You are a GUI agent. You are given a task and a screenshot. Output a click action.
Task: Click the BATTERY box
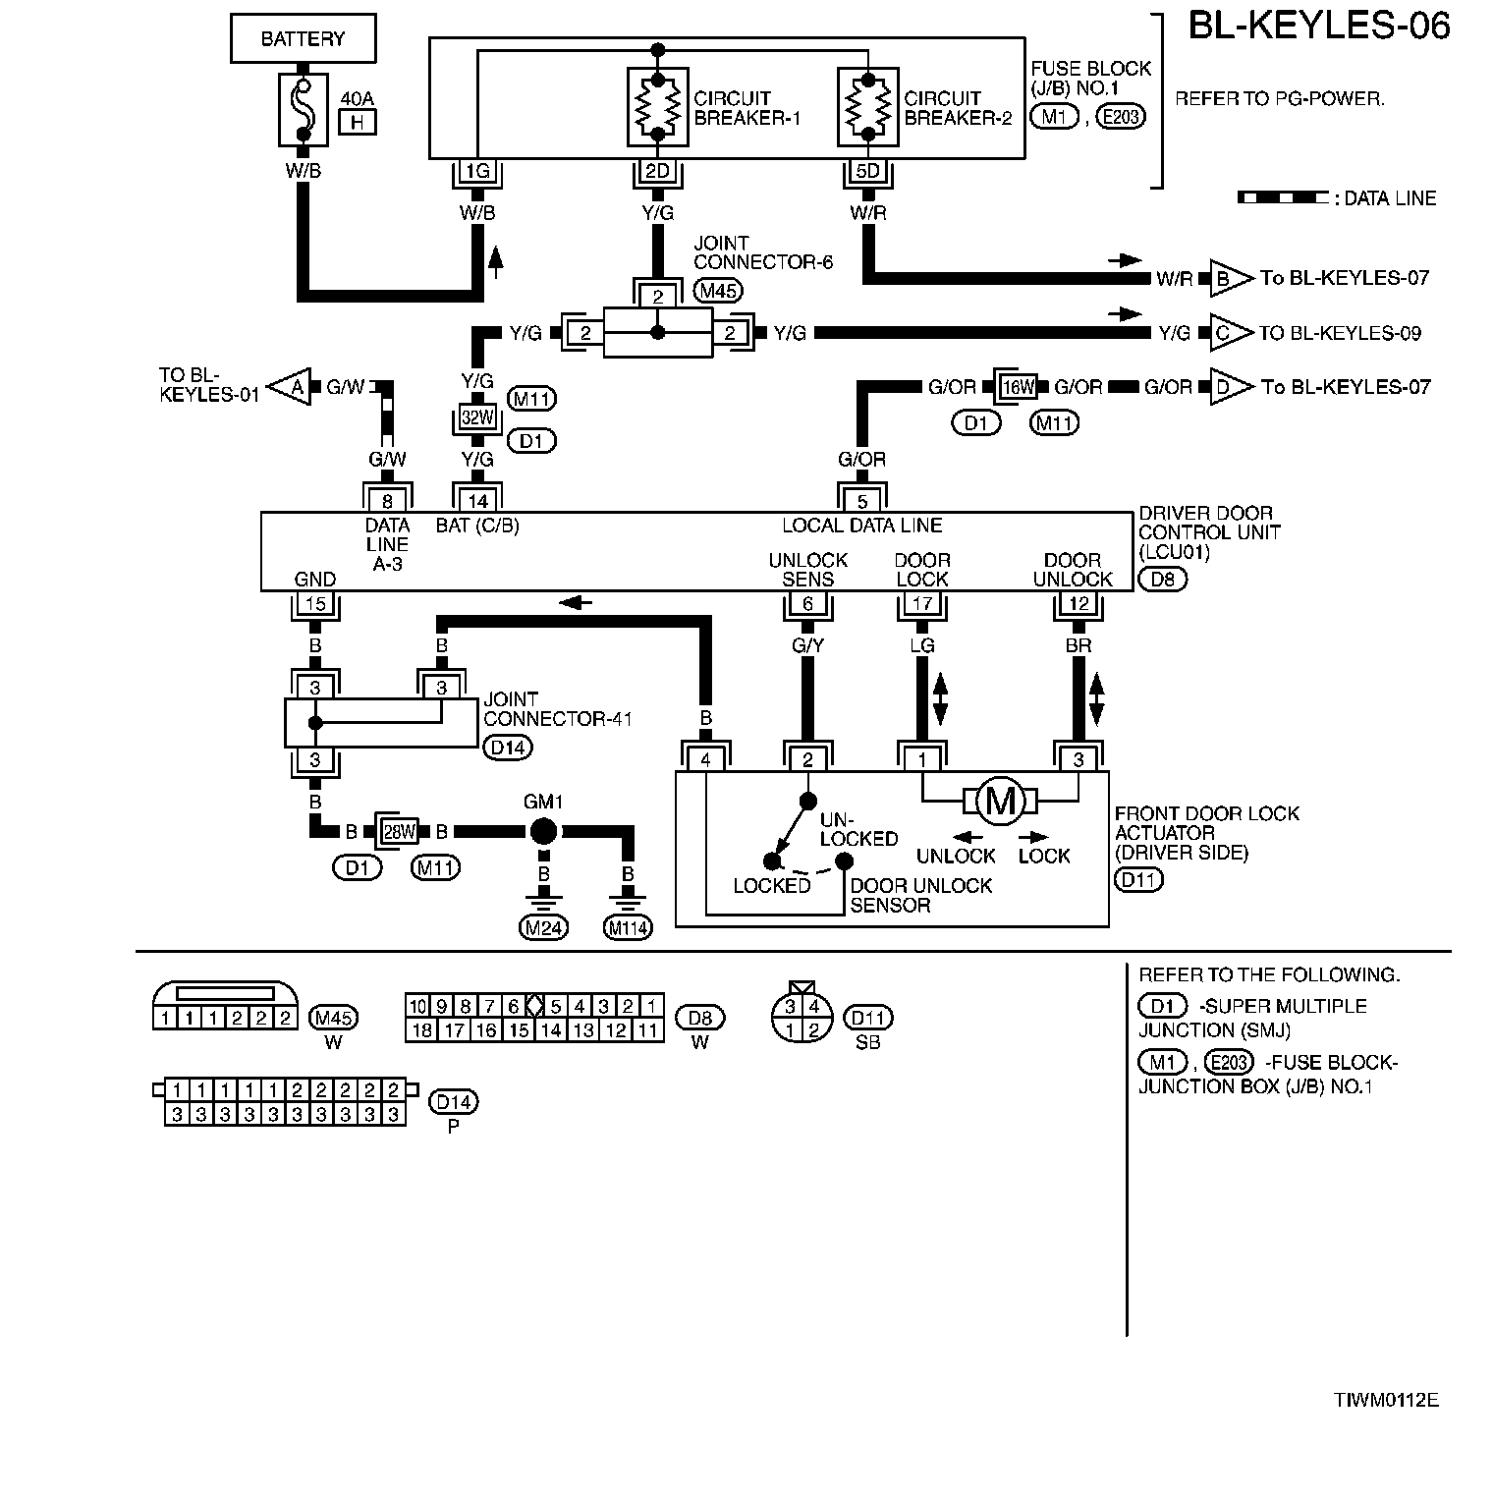click(x=303, y=39)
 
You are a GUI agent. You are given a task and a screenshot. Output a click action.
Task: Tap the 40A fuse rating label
click(x=358, y=99)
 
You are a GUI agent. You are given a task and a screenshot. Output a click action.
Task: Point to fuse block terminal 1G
click(x=477, y=172)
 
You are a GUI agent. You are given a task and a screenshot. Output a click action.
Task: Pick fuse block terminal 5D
click(x=868, y=172)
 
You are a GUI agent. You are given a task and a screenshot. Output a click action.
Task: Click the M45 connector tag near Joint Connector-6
click(x=718, y=290)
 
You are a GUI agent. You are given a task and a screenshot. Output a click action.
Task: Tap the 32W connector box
click(x=477, y=416)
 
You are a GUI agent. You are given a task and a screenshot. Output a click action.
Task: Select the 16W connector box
click(x=1017, y=387)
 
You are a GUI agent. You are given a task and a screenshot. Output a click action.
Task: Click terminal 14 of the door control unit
click(x=477, y=501)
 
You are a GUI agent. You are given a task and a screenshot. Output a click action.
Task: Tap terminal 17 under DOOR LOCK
click(x=921, y=604)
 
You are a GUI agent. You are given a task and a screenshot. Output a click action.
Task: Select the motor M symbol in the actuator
click(x=1000, y=803)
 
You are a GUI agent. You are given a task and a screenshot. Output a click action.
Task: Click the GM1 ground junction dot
click(x=543, y=832)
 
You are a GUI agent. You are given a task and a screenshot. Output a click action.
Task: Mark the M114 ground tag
click(x=629, y=927)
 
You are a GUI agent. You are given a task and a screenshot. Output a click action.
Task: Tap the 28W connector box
click(x=399, y=832)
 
